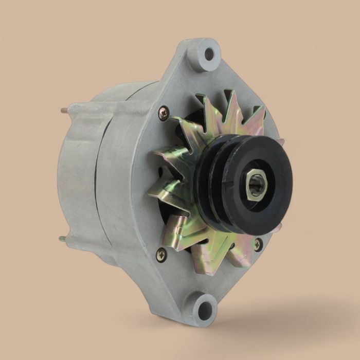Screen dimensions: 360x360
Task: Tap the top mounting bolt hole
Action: [x=208, y=53]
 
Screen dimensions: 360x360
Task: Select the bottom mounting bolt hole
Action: [x=204, y=309]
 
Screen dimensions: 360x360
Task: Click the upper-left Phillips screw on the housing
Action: [x=163, y=113]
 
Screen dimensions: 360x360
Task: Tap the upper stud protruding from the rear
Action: [x=63, y=109]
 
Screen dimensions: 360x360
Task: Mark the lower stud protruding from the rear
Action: [x=62, y=238]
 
